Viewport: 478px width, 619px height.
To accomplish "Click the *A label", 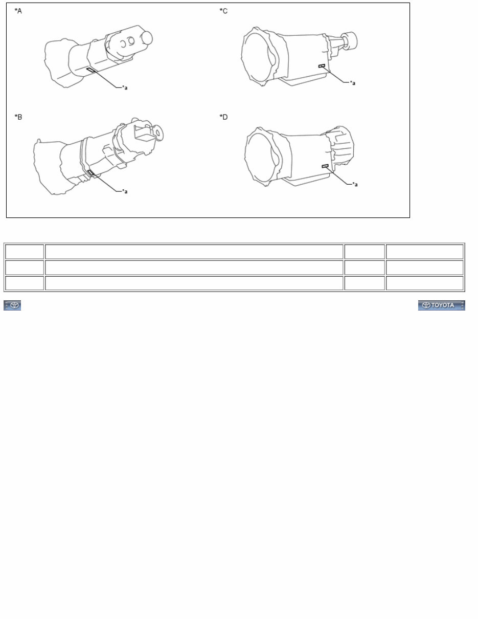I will coord(18,11).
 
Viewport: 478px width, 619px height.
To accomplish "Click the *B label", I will coord(18,117).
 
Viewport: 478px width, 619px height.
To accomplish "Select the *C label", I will coord(223,11).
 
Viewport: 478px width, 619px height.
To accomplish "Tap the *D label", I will coord(223,117).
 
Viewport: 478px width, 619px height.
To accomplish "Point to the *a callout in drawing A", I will coord(124,87).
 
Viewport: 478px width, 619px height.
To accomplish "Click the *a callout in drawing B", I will coord(124,191).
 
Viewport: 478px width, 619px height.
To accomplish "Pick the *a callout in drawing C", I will coord(352,82).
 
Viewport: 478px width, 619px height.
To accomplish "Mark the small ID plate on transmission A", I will coord(90,70).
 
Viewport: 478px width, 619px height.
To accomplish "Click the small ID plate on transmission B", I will coord(90,173).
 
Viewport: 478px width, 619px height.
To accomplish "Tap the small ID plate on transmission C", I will coord(322,66).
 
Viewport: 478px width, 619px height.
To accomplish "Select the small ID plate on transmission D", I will coord(325,166).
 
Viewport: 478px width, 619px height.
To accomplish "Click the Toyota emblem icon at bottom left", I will coord(12,305).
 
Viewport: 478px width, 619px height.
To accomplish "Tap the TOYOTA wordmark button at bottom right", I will coord(441,305).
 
